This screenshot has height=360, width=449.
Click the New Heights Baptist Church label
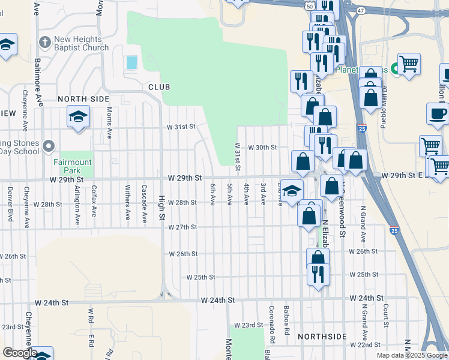81,44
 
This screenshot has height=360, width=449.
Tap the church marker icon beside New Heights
44,43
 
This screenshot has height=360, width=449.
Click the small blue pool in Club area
131,62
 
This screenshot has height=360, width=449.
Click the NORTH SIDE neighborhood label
83,98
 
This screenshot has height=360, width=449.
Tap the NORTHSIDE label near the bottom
322,337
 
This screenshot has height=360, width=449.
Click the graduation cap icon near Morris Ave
78,116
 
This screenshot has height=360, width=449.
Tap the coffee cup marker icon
438,113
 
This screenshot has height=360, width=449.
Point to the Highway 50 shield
309,5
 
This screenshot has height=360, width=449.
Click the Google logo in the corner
19,353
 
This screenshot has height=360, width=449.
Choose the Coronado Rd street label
271,319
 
